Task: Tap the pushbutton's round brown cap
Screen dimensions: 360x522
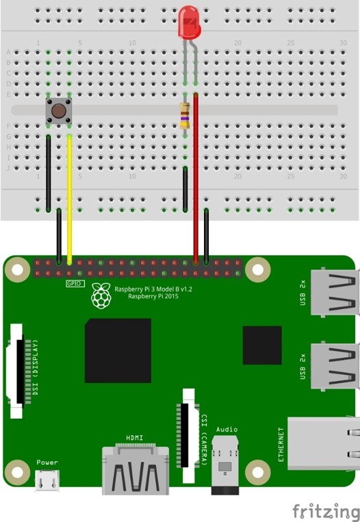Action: coord(59,111)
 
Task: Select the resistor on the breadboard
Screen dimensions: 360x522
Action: coord(185,116)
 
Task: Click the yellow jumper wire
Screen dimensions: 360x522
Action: coord(70,199)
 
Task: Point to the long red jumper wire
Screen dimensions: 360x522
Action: coord(196,179)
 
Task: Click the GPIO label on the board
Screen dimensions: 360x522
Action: coord(75,284)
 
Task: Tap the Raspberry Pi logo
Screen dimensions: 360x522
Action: coord(101,296)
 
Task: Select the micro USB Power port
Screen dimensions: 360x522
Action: coord(47,480)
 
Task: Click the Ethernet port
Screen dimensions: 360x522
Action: coord(323,443)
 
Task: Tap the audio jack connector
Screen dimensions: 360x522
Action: coord(224,465)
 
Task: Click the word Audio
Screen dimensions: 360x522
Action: coord(227,430)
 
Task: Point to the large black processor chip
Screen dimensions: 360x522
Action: coord(118,350)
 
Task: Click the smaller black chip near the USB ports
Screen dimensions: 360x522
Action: coord(262,345)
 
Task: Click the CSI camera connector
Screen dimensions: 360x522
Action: coord(188,435)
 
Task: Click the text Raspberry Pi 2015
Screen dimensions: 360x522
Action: coord(153,296)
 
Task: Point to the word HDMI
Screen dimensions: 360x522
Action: coord(135,438)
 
